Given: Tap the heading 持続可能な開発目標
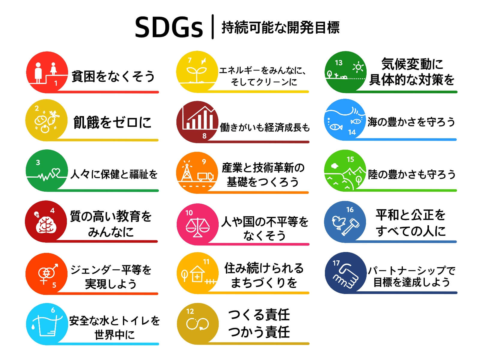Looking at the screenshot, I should click(x=280, y=28).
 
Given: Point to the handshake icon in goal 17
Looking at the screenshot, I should click(x=346, y=276).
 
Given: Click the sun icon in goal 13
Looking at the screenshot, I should click(x=358, y=67).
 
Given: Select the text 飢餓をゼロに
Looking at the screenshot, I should click(x=112, y=122).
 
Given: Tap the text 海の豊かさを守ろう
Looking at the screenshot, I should click(x=411, y=122).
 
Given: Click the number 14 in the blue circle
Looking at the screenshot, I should click(x=352, y=132).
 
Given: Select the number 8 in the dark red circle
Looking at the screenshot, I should click(x=204, y=136).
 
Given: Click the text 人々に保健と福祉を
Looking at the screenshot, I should click(x=114, y=174).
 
